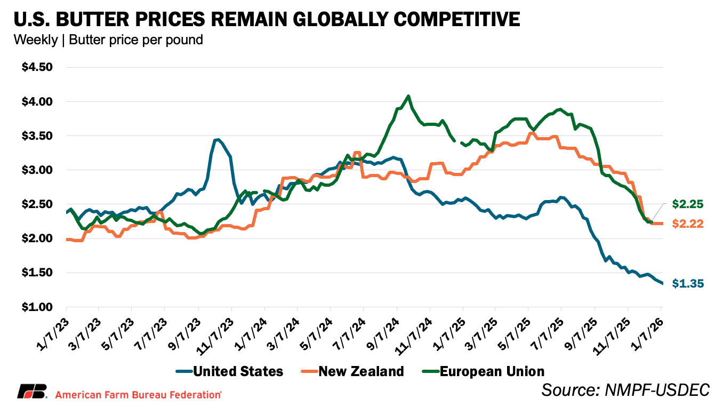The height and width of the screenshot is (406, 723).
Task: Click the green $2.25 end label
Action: pos(688,204)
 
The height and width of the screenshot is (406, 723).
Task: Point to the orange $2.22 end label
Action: pos(688,224)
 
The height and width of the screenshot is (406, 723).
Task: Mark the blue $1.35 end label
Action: pos(688,284)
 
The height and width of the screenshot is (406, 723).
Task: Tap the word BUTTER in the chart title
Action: pos(94,20)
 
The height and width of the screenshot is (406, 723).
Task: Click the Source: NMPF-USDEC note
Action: pos(625,390)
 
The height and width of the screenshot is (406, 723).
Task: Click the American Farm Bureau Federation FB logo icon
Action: pos(33,392)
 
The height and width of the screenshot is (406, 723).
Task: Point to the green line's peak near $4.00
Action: pos(408,97)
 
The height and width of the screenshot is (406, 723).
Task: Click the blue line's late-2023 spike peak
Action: pos(216,140)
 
